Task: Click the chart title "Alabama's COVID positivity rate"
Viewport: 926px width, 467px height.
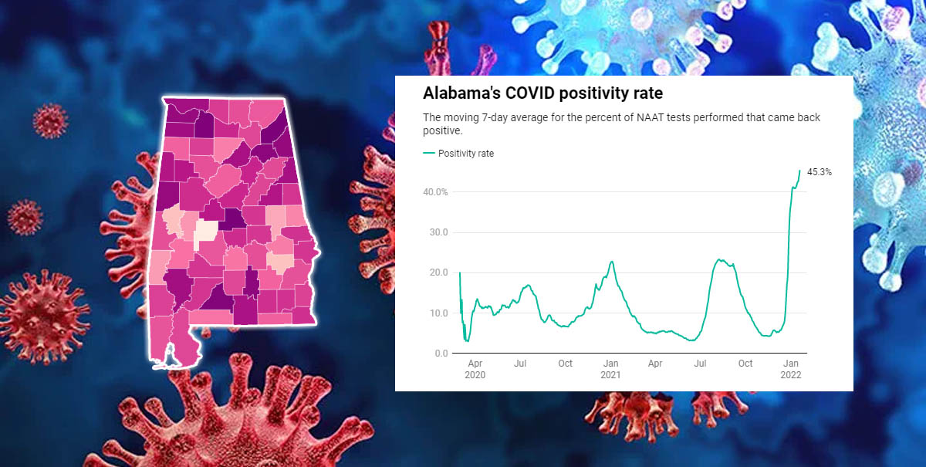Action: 543,94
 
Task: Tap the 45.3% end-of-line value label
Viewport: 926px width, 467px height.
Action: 819,172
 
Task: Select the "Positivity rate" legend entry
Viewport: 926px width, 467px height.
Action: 465,154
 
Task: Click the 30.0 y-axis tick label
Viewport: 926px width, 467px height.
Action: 437,232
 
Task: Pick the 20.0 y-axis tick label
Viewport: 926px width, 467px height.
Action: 437,272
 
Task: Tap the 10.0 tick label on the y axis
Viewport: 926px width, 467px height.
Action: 437,313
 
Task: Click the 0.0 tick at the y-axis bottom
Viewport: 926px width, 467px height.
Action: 439,354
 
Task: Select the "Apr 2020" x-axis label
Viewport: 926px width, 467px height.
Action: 475,369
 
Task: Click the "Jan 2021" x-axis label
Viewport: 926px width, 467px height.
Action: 610,369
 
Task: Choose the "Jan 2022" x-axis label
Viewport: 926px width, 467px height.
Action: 791,369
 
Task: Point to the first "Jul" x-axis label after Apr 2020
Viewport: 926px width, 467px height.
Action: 520,364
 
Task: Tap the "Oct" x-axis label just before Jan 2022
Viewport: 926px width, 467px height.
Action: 745,364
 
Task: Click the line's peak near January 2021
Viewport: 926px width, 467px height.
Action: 611,261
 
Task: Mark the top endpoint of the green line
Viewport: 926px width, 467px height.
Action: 799,170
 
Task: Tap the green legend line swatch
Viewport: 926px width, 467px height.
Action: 429,154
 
